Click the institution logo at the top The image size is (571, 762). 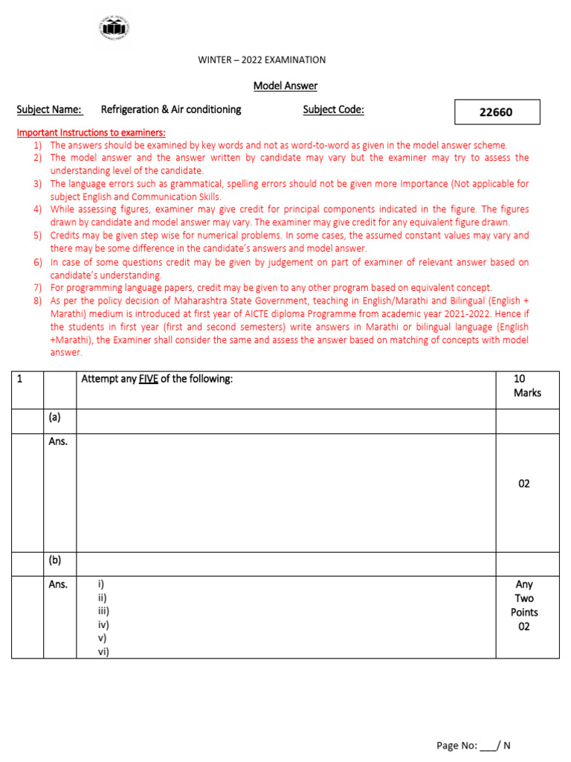click(114, 28)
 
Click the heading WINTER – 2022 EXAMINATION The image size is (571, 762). click(262, 60)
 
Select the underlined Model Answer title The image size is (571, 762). click(285, 86)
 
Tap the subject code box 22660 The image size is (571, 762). click(497, 112)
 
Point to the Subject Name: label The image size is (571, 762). click(49, 110)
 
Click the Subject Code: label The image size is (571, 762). click(334, 110)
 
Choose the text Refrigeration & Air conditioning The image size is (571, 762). click(171, 110)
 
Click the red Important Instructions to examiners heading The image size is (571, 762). click(91, 132)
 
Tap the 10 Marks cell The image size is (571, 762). click(527, 385)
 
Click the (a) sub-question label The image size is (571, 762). click(54, 417)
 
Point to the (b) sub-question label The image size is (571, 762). click(54, 560)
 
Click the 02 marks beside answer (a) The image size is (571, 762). click(524, 484)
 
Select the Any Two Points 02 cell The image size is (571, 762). click(524, 605)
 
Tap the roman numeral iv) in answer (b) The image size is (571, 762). click(103, 624)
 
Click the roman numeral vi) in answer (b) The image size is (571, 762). click(103, 651)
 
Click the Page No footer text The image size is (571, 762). click(473, 746)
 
